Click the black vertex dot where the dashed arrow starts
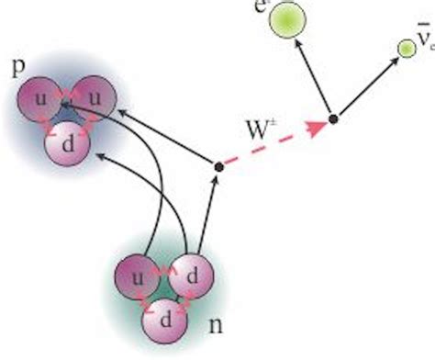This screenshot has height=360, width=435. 218,166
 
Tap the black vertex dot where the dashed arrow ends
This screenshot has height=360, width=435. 334,118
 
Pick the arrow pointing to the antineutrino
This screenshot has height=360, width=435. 365,84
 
